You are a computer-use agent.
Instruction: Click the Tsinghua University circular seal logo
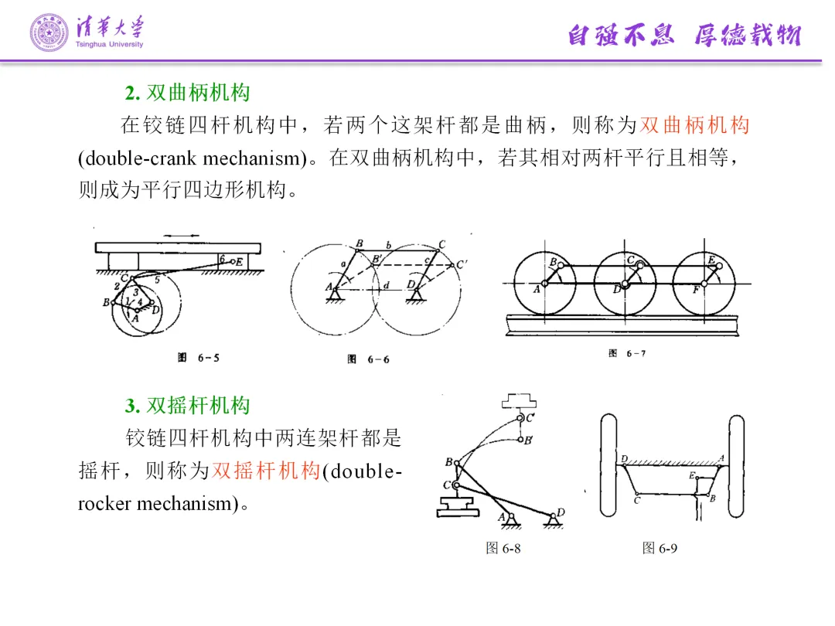[49, 33]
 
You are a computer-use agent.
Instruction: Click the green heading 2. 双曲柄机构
[187, 94]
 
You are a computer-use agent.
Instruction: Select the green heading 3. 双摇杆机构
[187, 406]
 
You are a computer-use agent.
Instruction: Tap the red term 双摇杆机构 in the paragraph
[266, 471]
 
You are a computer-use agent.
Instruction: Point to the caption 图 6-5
[198, 358]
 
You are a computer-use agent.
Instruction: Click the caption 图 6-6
[368, 359]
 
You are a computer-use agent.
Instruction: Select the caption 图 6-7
[626, 353]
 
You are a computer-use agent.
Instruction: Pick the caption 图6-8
[503, 548]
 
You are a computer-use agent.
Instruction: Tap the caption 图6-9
[659, 548]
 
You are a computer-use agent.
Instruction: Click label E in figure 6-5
[239, 262]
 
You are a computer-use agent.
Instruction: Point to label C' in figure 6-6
[462, 264]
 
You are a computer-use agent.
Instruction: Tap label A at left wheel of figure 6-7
[536, 289]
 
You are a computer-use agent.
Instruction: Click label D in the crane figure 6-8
[561, 512]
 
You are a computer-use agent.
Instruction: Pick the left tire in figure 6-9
[608, 466]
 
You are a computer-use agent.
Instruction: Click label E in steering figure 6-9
[692, 476]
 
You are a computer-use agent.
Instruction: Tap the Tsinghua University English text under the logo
[110, 45]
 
